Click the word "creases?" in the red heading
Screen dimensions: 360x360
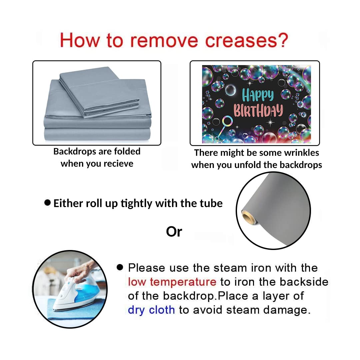[246, 40]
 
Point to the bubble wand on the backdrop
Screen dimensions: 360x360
[224, 127]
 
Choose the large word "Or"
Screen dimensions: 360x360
[174, 232]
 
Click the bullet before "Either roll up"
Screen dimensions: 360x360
[47, 203]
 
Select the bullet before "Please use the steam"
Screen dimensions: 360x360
[120, 267]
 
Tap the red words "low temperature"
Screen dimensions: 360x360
[172, 282]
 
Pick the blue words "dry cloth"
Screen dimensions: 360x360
[151, 310]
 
